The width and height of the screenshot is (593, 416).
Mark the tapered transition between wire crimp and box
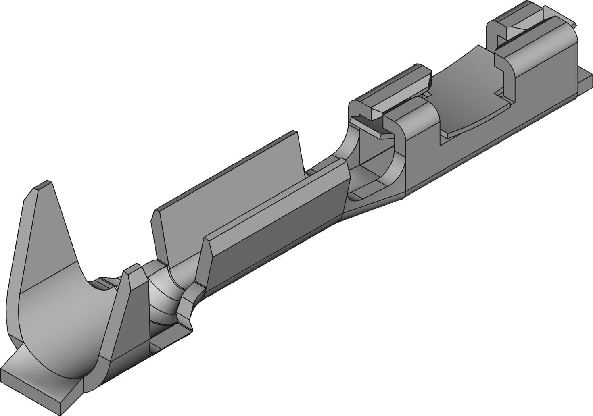[x=363, y=210]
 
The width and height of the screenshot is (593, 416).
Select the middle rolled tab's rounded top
[x=387, y=87]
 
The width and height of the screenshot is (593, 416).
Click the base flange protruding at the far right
[x=585, y=81]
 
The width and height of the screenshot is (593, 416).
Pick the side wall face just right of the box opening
[x=420, y=161]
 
